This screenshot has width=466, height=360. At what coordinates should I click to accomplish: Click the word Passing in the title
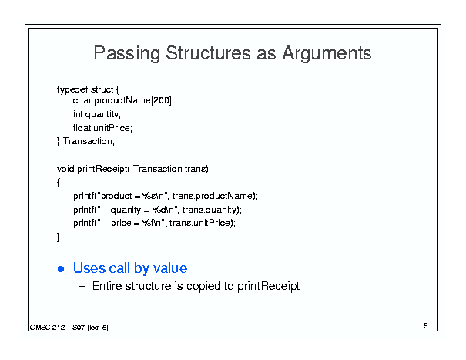point(127,53)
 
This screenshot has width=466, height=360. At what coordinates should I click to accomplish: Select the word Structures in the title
point(208,53)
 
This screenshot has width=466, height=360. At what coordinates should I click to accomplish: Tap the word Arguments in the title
point(327,53)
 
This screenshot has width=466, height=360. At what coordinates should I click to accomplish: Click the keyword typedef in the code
point(72,90)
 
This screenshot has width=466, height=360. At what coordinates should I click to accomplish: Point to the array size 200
point(162,100)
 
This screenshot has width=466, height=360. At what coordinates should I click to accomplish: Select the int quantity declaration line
point(97,114)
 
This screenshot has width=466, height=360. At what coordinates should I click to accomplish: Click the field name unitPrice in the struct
point(112,128)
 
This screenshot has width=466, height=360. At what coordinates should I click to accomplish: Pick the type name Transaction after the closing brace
point(88,141)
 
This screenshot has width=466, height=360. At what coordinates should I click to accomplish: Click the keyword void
point(65,169)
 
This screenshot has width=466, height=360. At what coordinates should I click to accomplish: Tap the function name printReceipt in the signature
point(102,169)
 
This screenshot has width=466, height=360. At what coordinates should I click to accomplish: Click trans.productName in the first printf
point(212,196)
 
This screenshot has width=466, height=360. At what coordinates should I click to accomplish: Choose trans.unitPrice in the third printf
point(199,223)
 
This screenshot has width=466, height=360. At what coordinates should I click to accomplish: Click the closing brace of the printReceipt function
point(59,237)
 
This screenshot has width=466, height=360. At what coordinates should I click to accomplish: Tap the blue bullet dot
point(61,269)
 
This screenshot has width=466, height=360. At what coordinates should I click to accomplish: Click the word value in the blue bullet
point(170,268)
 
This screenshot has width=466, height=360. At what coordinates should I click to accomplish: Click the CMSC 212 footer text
point(69,328)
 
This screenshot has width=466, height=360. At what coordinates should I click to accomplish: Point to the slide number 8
point(426,326)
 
